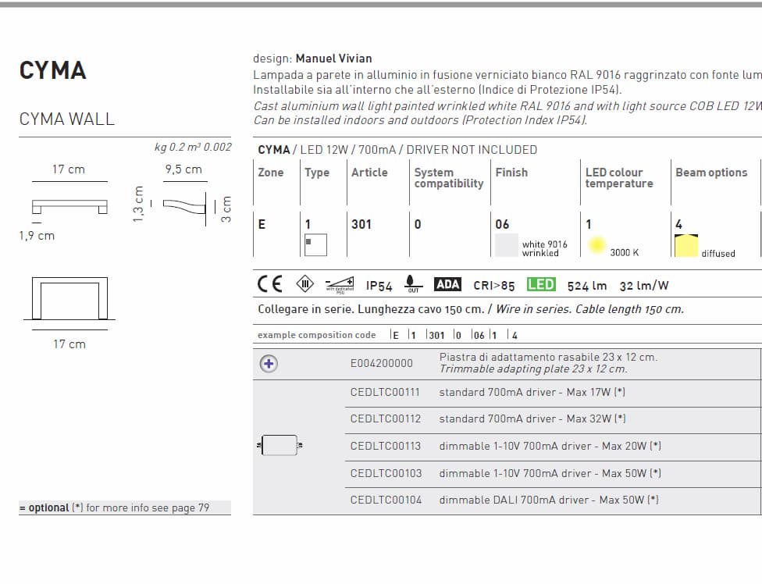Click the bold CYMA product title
coord(52,70)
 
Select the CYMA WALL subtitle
coord(66,119)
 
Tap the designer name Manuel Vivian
coord(333,59)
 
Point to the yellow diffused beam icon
coord(686,246)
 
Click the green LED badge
coord(541,285)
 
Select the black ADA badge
coord(447,285)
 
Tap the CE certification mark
coord(269,285)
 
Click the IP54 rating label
coord(379,287)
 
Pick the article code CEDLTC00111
coord(385,392)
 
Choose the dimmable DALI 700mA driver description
coord(548,500)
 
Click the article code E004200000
coord(382,363)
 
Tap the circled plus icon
coord(269,363)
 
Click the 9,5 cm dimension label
coord(183,169)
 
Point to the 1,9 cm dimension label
coord(37,236)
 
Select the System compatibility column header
coord(448,178)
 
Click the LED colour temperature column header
coord(618,178)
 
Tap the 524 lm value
coord(587,287)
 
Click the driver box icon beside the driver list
coord(280,445)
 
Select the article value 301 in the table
coord(361,224)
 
